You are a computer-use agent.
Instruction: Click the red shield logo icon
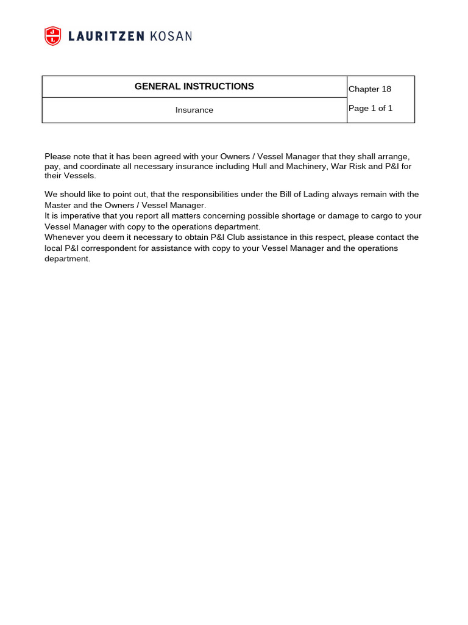[53, 36]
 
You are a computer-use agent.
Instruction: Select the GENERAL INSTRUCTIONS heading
[194, 87]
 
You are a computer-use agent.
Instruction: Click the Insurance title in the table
[194, 110]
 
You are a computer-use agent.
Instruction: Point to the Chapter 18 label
[370, 89]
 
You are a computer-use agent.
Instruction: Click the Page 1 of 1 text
[370, 109]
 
